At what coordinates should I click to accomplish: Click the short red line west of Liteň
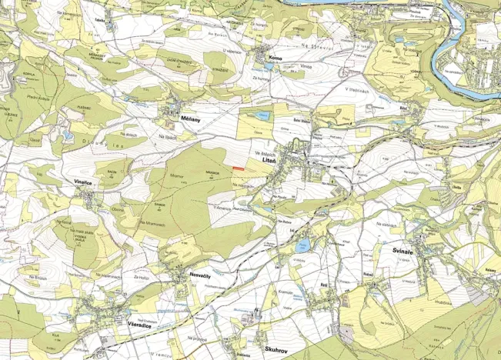coord(239,168)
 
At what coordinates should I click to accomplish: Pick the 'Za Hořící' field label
coord(142,276)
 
